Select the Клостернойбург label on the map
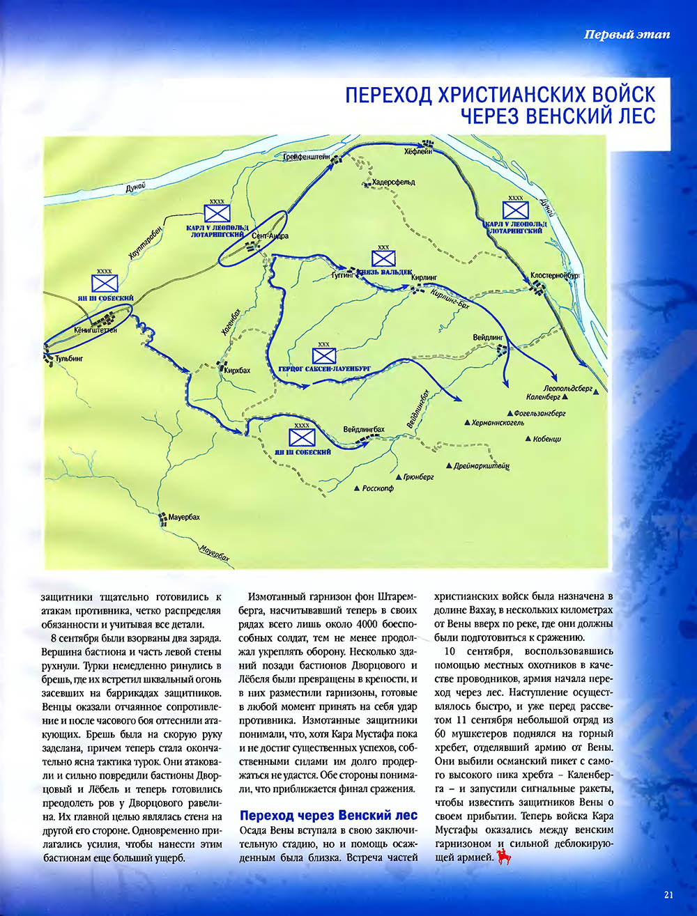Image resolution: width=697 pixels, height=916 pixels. pyautogui.click(x=555, y=275)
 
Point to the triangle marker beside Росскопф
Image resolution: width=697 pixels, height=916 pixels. pyautogui.click(x=358, y=488)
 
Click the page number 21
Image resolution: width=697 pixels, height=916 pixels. pyautogui.click(x=668, y=896)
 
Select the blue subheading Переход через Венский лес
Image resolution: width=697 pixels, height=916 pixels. pyautogui.click(x=328, y=815)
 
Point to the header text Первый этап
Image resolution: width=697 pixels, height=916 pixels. pyautogui.click(x=627, y=35)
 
